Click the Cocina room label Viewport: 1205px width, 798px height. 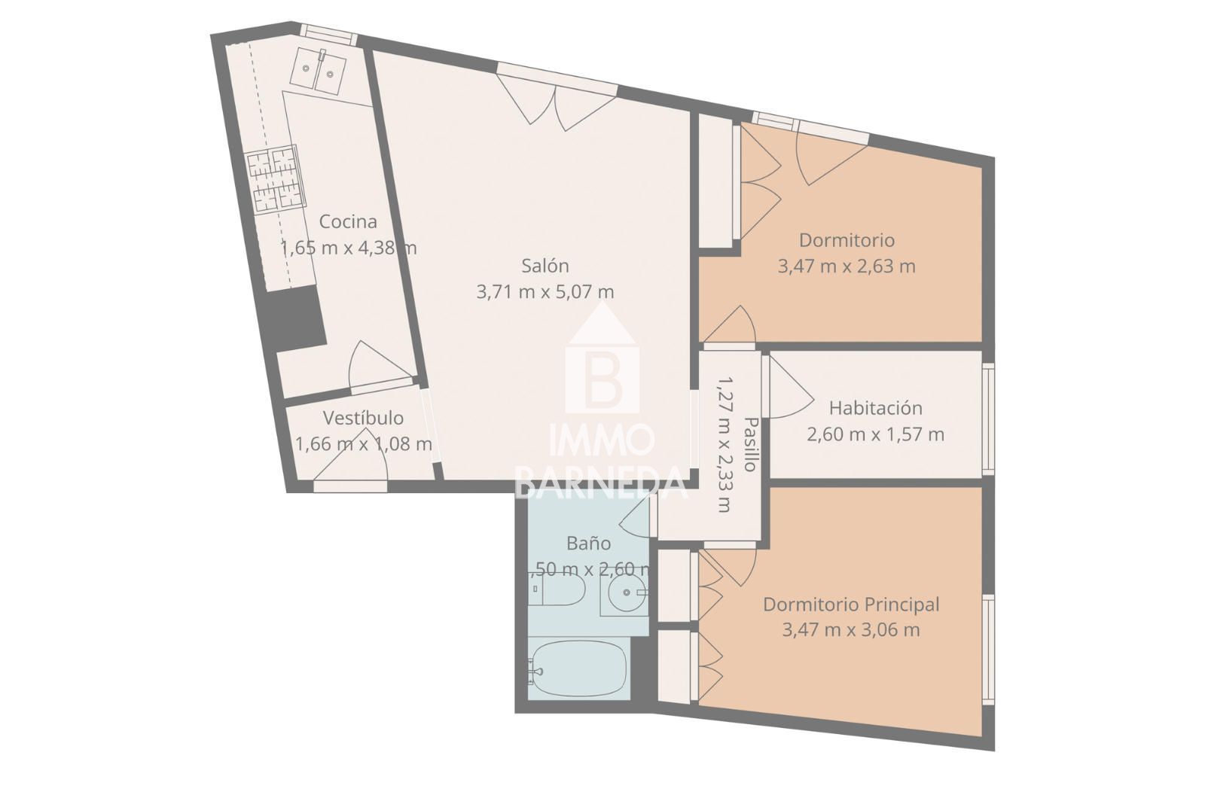point(347,221)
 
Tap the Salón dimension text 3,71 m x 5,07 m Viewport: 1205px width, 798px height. point(545,292)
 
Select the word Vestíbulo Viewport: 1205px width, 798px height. point(363,418)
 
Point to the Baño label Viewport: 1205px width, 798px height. point(588,544)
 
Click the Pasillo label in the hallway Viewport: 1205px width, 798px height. point(751,444)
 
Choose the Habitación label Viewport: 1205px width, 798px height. point(875,408)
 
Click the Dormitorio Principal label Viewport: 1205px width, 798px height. point(851,605)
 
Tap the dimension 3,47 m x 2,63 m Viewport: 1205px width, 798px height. point(847,267)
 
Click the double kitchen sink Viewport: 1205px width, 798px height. point(318,72)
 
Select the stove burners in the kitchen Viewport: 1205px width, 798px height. point(275,179)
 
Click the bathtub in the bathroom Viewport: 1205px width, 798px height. point(578,669)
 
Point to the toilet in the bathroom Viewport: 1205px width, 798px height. point(557,591)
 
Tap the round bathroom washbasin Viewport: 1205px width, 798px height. point(626,592)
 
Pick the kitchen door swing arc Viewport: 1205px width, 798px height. point(380,364)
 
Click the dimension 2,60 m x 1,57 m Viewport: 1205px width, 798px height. point(875,434)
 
